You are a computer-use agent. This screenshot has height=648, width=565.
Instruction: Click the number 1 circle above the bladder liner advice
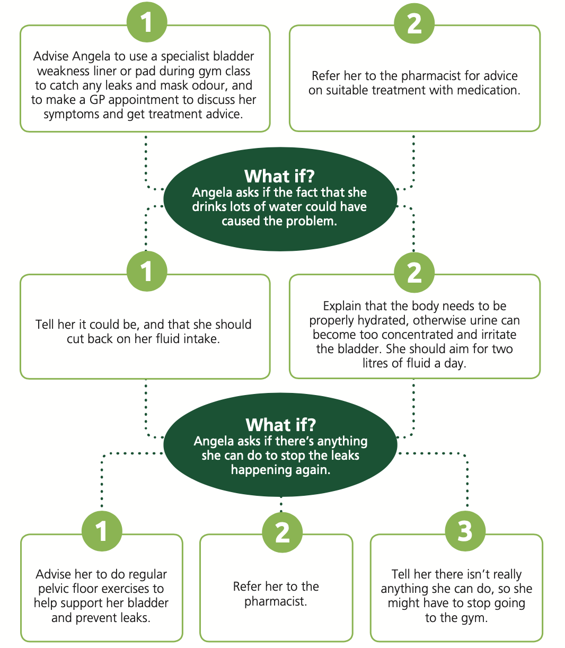tap(147, 22)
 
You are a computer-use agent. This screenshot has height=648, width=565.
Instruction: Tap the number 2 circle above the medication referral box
tap(414, 23)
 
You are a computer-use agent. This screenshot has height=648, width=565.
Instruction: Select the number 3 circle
tap(465, 531)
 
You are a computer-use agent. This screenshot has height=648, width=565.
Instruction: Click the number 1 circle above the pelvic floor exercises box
tap(102, 531)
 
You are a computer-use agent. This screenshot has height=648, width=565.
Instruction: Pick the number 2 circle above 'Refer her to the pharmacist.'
tap(282, 532)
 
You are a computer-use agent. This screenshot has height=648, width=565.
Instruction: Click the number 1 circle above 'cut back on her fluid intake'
tap(147, 271)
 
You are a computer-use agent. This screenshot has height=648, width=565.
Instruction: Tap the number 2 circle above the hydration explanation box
tap(414, 273)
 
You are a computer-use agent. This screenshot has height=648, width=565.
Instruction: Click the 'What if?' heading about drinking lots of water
tap(279, 176)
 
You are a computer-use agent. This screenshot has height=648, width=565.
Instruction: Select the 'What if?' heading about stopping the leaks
tap(281, 425)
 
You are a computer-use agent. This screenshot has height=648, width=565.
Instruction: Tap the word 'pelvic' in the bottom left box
tap(54, 589)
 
